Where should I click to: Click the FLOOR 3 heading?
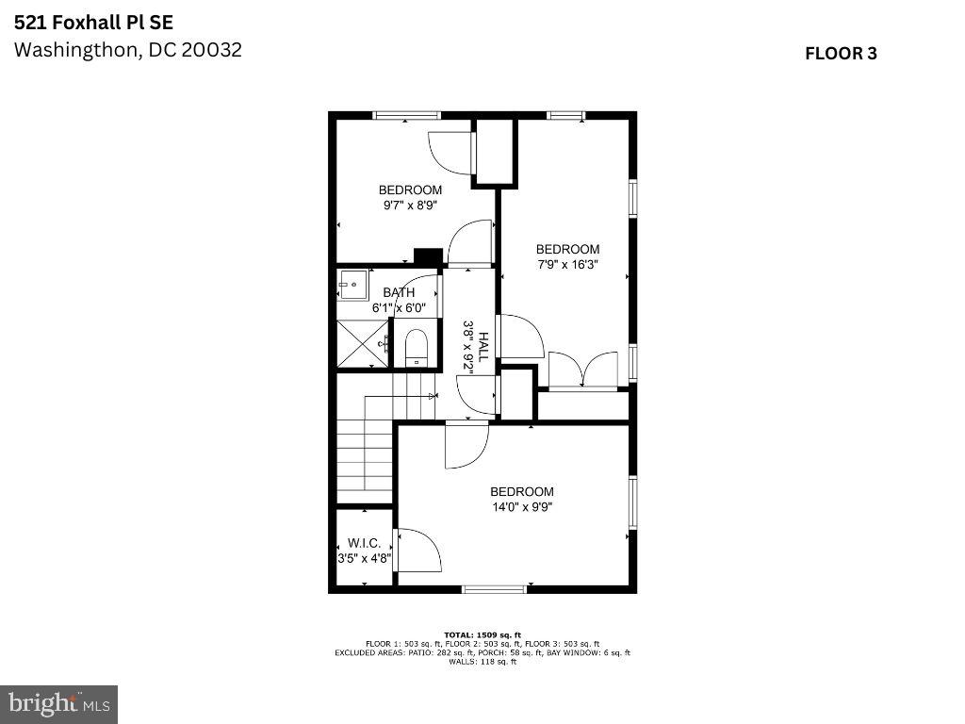pos(841,54)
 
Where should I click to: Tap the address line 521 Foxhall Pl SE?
pos(93,23)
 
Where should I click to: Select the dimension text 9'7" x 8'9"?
pos(411,205)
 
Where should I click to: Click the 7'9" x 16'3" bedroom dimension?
pos(567,265)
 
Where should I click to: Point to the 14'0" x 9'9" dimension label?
pos(522,507)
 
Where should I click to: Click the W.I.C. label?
pos(365,543)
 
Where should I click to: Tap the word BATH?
pos(399,292)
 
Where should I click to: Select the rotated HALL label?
pos(483,347)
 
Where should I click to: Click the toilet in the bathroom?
pos(417,348)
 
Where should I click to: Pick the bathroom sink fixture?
pos(353,284)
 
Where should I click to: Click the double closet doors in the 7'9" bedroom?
pos(582,370)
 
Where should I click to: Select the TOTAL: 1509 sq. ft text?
pos(482,634)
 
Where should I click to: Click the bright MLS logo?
pos(59,703)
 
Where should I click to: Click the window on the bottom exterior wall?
pos(495,589)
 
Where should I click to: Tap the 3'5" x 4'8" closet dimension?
pos(365,558)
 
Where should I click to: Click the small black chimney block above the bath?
pos(429,256)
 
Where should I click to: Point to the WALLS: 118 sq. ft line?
pos(482,662)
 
